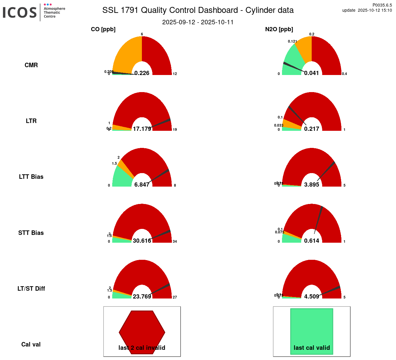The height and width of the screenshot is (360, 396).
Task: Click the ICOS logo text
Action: (x=20, y=13)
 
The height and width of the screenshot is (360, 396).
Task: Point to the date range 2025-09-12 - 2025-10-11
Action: (x=198, y=22)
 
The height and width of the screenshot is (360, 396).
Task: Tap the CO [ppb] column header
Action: (x=103, y=29)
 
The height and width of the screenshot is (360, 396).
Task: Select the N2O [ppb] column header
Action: (x=279, y=29)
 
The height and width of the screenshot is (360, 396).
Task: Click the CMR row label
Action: (x=31, y=65)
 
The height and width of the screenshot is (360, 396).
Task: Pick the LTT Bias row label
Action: (x=31, y=177)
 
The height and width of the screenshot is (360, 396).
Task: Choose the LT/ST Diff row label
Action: (x=31, y=289)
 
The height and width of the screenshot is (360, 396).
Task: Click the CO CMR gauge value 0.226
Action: (x=142, y=73)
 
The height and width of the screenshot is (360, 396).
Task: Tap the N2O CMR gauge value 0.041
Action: (x=311, y=73)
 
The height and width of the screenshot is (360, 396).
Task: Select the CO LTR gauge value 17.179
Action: (x=142, y=129)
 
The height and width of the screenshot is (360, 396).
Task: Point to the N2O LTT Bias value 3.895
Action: (x=311, y=184)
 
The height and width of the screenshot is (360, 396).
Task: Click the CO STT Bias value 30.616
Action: (x=142, y=241)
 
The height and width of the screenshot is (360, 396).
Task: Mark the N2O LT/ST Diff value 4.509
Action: (x=311, y=296)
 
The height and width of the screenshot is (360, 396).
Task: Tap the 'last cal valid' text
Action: (x=312, y=348)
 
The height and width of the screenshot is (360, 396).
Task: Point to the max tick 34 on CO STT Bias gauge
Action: (x=175, y=241)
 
